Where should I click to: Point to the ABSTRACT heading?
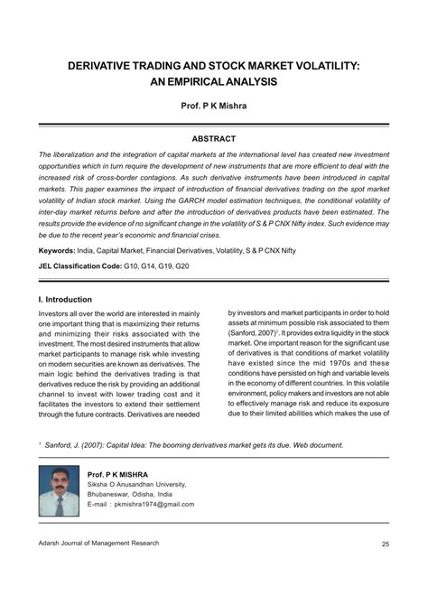coord(213,138)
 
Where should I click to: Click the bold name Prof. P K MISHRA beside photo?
coord(123,473)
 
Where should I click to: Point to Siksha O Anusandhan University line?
coord(141,485)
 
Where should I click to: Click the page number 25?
coord(385,569)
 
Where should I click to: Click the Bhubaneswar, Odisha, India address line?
coord(136,496)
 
